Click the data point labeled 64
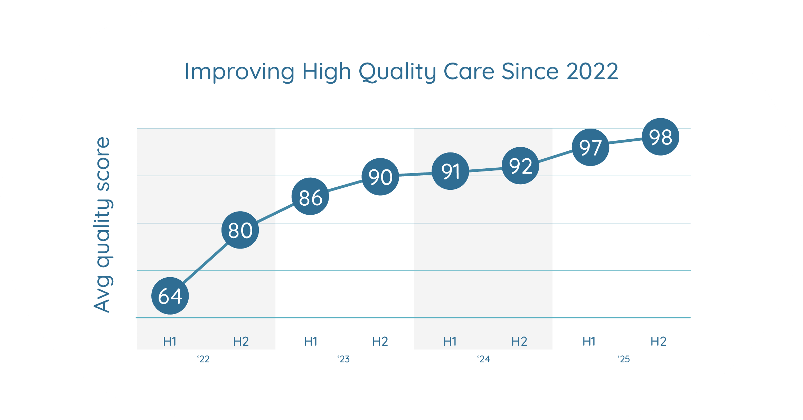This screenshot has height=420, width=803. pyautogui.click(x=170, y=296)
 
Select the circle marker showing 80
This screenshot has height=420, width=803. pyautogui.click(x=240, y=230)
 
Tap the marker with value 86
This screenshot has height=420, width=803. pyautogui.click(x=310, y=197)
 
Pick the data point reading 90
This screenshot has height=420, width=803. pyautogui.click(x=380, y=177)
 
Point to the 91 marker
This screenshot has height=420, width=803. pyautogui.click(x=451, y=171)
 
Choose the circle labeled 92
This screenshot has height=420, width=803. pyautogui.click(x=520, y=166)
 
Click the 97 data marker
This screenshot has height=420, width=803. pyautogui.click(x=591, y=147)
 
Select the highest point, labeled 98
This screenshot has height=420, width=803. pyautogui.click(x=661, y=137)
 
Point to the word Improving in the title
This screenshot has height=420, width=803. pyautogui.click(x=240, y=72)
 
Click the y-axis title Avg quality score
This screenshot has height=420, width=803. pyautogui.click(x=102, y=225)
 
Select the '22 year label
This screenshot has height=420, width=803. pyautogui.click(x=204, y=359)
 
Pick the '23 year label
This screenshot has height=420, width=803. pyautogui.click(x=343, y=359)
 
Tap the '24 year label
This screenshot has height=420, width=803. pyautogui.click(x=484, y=359)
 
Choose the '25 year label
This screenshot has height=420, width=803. pyautogui.click(x=624, y=359)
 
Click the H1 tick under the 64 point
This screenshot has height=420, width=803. pyautogui.click(x=170, y=342)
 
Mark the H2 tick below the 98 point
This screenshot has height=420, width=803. pyautogui.click(x=659, y=342)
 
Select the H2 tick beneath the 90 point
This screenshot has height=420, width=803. pyautogui.click(x=380, y=342)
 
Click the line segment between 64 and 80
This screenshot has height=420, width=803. pyautogui.click(x=205, y=263)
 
